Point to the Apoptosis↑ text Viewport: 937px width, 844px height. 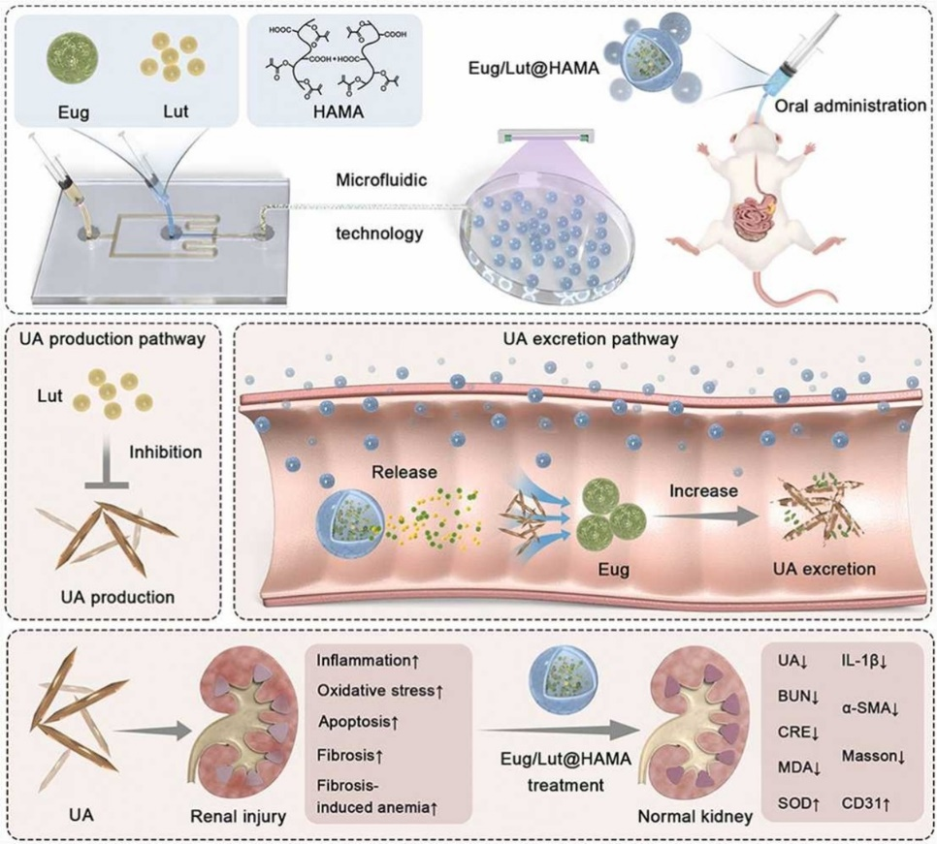tap(359, 724)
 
